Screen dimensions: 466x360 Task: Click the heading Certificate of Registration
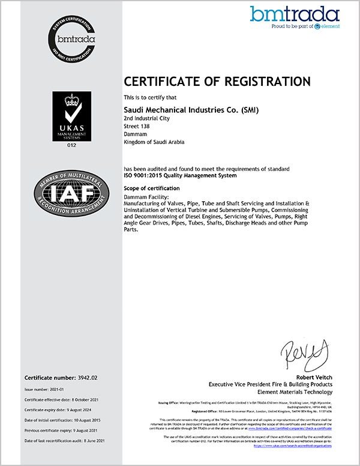click(x=217, y=82)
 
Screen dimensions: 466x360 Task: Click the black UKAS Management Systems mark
click(x=72, y=116)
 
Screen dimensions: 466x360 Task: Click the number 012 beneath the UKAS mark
click(x=72, y=146)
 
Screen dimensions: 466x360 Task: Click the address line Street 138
click(x=135, y=127)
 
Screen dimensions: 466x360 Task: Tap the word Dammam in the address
click(x=134, y=135)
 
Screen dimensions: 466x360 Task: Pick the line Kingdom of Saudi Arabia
click(x=154, y=142)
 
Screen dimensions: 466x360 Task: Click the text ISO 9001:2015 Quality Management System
click(x=180, y=176)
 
